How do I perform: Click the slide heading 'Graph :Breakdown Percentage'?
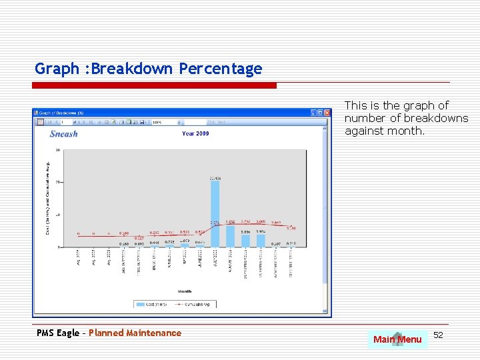148,69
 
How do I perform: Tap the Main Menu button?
397,339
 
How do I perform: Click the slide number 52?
438,335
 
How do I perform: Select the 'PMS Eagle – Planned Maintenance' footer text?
108,333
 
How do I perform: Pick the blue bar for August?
230,236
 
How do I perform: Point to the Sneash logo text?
64,134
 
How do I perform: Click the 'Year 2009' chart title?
195,134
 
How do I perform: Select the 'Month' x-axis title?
185,291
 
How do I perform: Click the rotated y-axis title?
47,197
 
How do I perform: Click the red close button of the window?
327,113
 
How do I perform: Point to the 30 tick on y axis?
58,150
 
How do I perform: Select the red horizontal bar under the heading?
155,85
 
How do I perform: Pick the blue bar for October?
261,240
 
